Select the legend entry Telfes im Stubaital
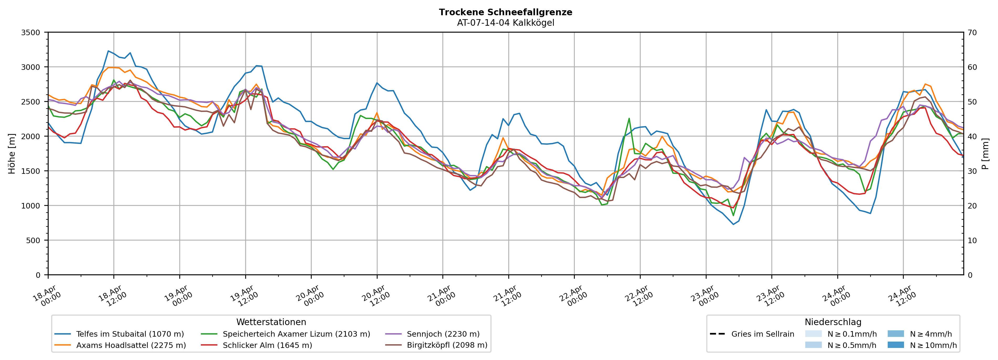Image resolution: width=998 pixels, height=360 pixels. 130,334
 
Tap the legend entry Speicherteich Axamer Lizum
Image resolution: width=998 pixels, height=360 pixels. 296,334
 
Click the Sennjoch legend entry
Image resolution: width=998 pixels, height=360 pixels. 443,334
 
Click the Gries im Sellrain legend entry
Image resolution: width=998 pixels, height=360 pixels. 762,334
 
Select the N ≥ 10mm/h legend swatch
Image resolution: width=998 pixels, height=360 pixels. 895,345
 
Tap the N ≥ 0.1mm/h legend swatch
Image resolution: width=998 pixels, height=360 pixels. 813,334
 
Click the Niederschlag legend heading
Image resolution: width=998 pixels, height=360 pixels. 833,322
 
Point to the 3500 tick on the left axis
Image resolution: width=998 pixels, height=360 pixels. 31,33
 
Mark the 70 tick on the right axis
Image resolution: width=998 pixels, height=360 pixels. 972,33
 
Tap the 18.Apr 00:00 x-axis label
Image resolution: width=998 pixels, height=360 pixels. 47,296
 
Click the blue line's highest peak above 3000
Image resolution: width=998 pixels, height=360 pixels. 108,51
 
